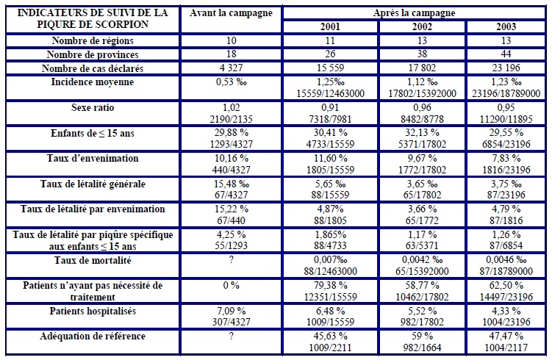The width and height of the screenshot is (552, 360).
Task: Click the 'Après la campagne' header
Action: point(415,12)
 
